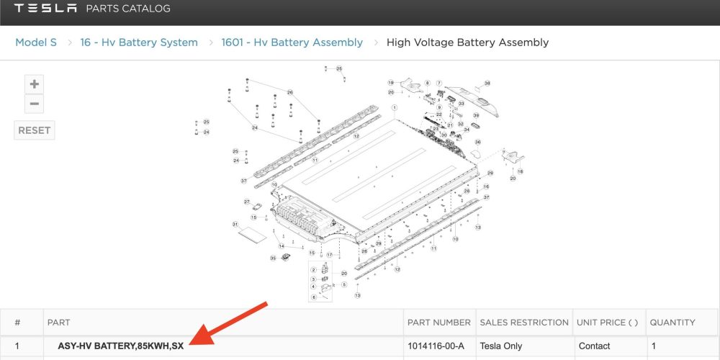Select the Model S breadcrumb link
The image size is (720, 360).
click(36, 42)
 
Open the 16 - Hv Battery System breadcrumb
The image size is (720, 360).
click(140, 42)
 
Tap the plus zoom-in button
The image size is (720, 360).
click(34, 84)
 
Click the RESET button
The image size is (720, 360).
click(34, 130)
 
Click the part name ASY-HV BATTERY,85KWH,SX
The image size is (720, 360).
click(120, 346)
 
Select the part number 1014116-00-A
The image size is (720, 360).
click(436, 346)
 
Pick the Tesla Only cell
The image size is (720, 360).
click(501, 346)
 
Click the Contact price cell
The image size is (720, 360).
click(594, 346)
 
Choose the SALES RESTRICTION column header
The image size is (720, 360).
click(523, 323)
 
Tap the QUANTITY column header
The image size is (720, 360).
click(672, 323)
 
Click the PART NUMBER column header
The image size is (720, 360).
click(438, 323)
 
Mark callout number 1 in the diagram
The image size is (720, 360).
click(395, 107)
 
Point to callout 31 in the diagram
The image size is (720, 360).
click(235, 225)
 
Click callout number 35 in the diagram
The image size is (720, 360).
click(273, 258)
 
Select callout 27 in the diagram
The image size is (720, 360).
click(246, 202)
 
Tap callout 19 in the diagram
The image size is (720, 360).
click(391, 83)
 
